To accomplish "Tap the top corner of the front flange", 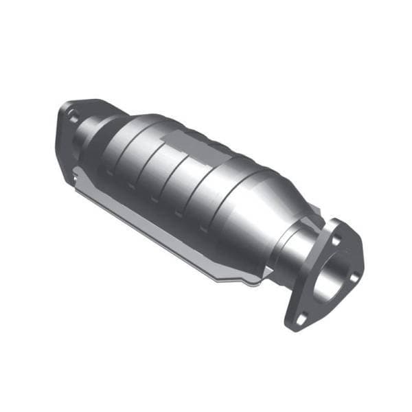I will pyautogui.click(x=336, y=223).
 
